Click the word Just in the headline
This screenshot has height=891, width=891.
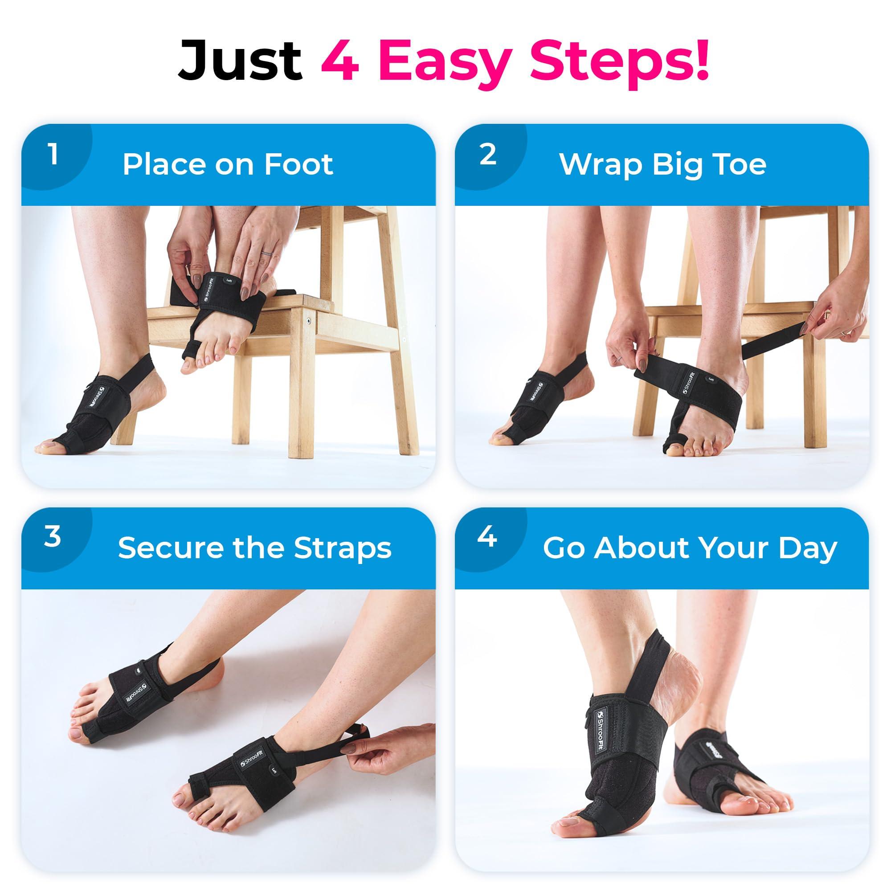[x=240, y=61]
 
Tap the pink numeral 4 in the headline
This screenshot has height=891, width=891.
[x=340, y=61]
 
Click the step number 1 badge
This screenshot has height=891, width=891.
[x=54, y=155]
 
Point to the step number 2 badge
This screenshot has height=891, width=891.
[x=487, y=155]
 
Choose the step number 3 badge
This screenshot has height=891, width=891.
[x=53, y=536]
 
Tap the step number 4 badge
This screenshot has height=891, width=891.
[x=487, y=536]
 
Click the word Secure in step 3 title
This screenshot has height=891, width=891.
[x=171, y=548]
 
